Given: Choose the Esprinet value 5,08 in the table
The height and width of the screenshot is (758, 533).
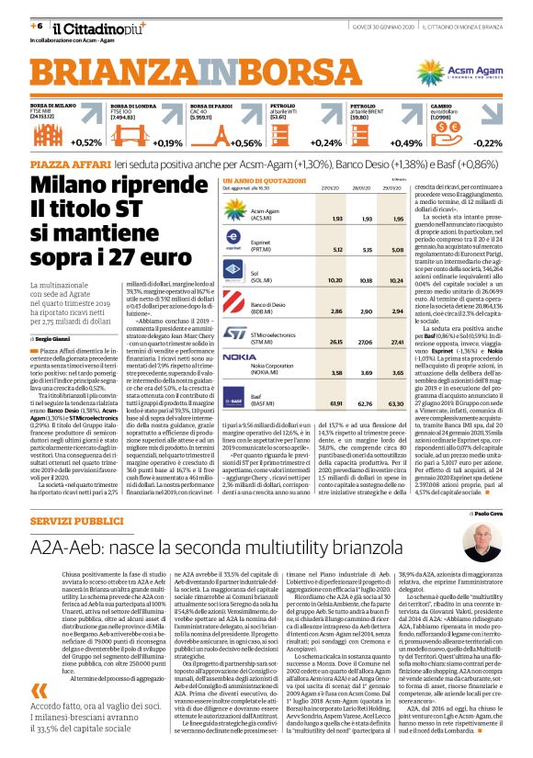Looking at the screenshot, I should click(398, 247).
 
